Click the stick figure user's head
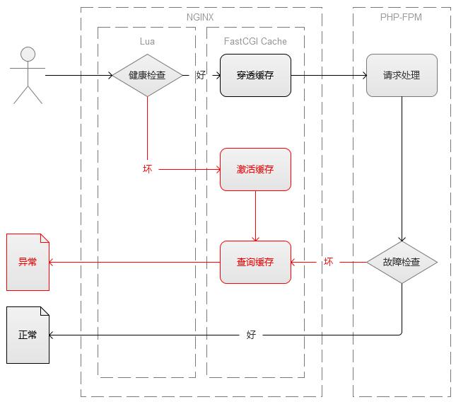28,54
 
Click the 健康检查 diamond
147,74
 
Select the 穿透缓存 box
255,75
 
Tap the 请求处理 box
402,75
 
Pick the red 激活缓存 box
255,169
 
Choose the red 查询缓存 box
255,262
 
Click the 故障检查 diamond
402,262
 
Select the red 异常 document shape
28,262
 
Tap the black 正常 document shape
28,335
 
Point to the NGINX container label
201,17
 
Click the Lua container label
147,41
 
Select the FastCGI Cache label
255,41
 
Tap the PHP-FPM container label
402,17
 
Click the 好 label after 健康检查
201,75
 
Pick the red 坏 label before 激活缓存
147,169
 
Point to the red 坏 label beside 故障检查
329,262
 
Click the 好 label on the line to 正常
251,335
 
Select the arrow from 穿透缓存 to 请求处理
329,74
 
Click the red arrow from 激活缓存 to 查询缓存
255,216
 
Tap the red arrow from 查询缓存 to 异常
134,262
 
